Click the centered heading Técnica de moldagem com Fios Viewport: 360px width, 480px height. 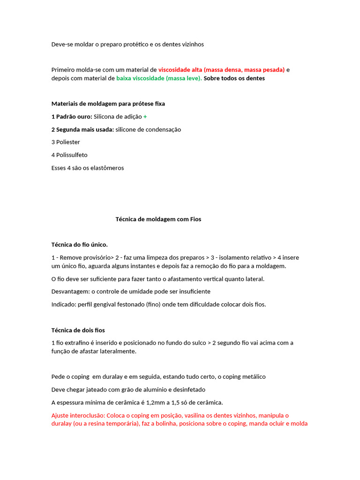click(158, 219)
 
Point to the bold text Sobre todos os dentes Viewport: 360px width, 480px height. click(234, 78)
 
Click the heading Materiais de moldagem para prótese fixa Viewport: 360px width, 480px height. click(108, 104)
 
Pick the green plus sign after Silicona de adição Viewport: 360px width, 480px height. click(145, 116)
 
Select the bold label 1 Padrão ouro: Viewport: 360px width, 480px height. click(72, 116)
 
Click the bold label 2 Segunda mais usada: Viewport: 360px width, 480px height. click(82, 129)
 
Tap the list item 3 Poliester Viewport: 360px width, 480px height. click(66, 142)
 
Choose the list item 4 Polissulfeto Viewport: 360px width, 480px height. click(69, 155)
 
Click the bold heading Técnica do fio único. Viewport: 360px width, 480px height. click(79, 244)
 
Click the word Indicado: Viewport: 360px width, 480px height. click(64, 304)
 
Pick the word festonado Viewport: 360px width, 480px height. click(123, 304)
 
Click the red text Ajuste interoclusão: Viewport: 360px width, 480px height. click(78, 415)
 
